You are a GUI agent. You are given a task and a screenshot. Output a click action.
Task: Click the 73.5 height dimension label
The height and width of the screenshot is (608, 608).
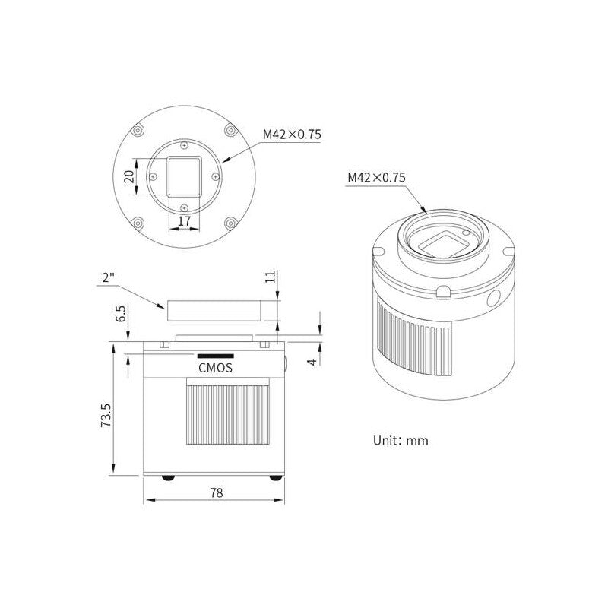106,415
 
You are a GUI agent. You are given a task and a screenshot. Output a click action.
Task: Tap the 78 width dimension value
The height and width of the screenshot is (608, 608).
217,492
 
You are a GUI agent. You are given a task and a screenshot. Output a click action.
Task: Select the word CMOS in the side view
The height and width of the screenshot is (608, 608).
216,368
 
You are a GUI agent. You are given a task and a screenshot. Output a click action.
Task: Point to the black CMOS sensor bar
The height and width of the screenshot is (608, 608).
216,356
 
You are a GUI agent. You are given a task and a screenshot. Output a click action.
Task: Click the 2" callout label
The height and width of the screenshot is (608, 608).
109,278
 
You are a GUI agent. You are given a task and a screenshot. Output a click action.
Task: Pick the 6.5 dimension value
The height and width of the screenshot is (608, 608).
121,314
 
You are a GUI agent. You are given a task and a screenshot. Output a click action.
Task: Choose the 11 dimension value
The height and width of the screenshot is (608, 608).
271,277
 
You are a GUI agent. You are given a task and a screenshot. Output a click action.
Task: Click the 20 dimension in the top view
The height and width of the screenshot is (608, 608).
129,176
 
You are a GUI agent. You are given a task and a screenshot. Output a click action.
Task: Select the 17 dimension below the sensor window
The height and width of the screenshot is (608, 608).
184,221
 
